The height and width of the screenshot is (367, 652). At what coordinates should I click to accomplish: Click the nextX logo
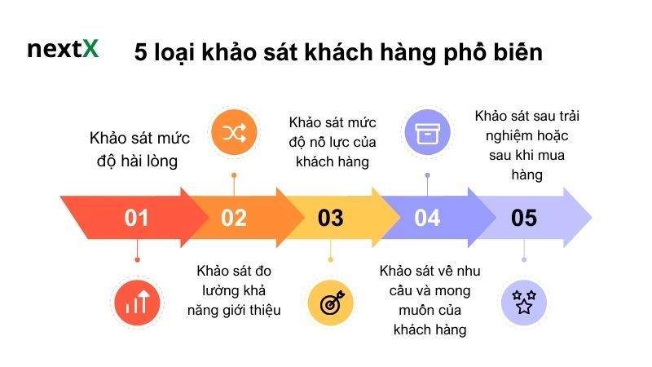(x=63, y=48)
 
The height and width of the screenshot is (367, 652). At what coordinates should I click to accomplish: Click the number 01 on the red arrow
(x=136, y=218)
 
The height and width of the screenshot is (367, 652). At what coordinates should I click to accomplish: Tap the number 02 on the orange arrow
(x=233, y=218)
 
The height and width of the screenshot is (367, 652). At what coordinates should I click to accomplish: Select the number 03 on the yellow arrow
(x=330, y=218)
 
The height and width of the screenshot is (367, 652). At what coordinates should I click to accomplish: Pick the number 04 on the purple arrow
(x=427, y=218)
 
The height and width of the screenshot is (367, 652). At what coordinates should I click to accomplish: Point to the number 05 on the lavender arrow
(x=524, y=218)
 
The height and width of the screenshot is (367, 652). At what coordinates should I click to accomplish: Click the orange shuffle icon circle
(x=234, y=135)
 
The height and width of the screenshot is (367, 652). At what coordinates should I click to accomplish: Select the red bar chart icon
(x=136, y=303)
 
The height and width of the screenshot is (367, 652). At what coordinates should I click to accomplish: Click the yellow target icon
(x=331, y=303)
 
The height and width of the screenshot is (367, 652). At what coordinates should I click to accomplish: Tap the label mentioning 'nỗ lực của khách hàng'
(x=331, y=141)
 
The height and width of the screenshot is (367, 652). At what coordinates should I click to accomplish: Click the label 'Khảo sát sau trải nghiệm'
(x=526, y=144)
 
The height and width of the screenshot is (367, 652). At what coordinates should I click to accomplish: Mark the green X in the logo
(x=90, y=48)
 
